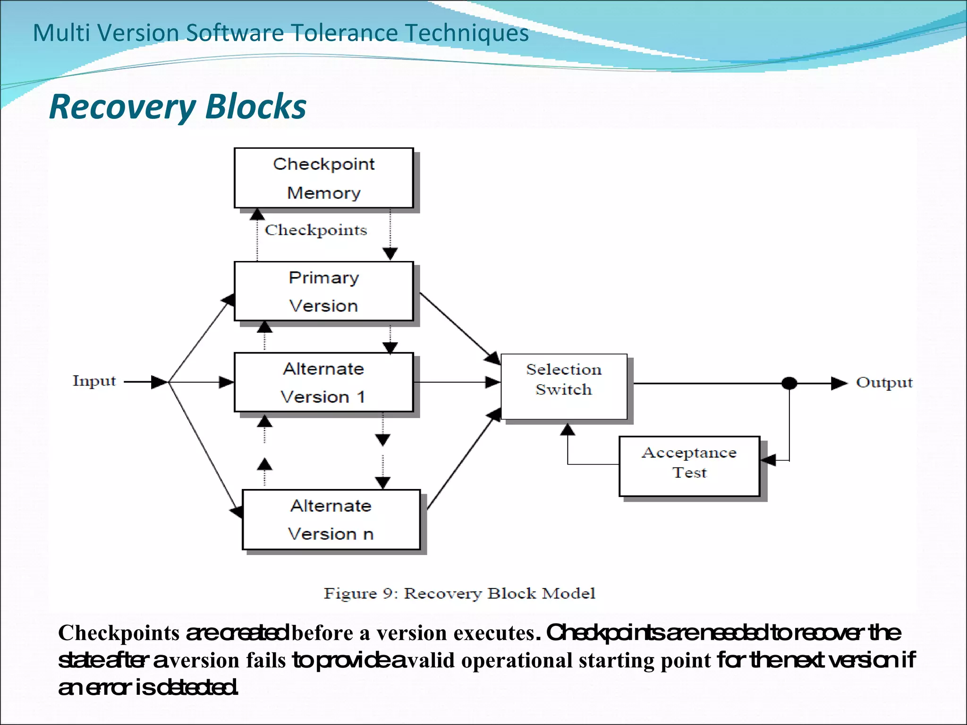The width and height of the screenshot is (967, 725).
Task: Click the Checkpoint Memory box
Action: click(x=323, y=178)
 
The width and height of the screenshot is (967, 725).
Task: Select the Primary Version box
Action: click(x=323, y=291)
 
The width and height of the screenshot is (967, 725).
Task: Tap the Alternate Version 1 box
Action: click(x=323, y=382)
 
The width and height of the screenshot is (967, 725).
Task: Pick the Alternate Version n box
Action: click(x=331, y=520)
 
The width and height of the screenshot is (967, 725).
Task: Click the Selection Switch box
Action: click(x=564, y=386)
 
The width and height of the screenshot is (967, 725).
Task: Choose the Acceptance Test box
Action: click(x=689, y=466)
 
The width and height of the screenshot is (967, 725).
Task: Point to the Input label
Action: click(x=94, y=380)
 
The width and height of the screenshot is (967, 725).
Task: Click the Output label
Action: click(x=884, y=382)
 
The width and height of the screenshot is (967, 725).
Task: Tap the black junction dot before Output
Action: click(x=789, y=383)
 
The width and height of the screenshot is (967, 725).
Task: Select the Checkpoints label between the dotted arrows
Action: click(x=315, y=230)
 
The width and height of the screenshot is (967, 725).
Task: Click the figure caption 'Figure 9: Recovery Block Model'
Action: click(x=459, y=593)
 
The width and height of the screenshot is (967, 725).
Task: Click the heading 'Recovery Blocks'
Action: click(x=178, y=107)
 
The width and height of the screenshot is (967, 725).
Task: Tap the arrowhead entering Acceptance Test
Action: click(x=769, y=460)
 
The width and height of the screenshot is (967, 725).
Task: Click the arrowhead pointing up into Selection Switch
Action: click(x=568, y=430)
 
